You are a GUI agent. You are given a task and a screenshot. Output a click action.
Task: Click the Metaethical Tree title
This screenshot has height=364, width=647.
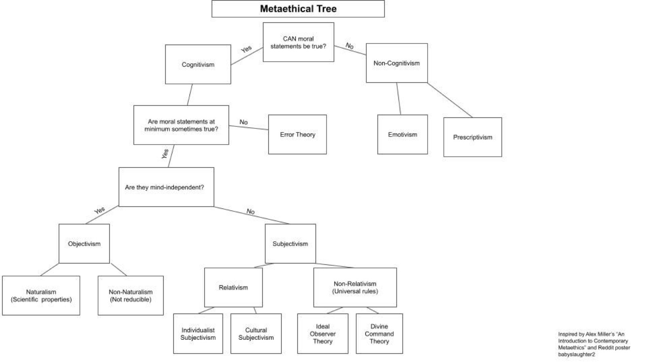click(x=298, y=8)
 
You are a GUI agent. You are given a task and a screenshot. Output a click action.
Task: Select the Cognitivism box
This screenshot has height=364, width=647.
click(x=198, y=64)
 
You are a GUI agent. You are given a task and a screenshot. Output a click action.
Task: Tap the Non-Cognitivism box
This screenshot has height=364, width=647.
click(x=397, y=63)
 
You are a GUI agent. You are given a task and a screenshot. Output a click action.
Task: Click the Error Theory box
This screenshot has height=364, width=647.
click(x=297, y=134)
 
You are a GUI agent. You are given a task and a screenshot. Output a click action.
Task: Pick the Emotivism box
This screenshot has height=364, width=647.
click(x=402, y=134)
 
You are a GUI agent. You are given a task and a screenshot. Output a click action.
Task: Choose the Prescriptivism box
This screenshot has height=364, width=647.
click(x=473, y=137)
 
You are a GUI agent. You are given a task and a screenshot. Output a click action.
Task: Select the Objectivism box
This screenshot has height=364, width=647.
click(x=84, y=243)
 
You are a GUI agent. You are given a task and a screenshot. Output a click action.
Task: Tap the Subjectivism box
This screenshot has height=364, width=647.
click(x=290, y=243)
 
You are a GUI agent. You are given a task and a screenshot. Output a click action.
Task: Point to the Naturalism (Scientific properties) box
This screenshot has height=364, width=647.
click(x=41, y=296)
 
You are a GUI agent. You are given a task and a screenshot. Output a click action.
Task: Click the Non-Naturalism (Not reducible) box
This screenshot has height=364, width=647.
click(x=131, y=296)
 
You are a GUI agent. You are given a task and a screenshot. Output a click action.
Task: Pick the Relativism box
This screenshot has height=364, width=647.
click(x=233, y=288)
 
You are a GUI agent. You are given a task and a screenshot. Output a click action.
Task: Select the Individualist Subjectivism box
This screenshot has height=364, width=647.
click(x=198, y=334)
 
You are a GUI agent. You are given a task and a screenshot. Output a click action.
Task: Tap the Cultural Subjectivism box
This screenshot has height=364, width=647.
click(x=256, y=334)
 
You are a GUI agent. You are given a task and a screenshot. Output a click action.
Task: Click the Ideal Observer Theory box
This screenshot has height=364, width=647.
click(x=323, y=334)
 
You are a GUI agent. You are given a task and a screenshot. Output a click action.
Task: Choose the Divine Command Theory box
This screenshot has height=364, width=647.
click(x=379, y=334)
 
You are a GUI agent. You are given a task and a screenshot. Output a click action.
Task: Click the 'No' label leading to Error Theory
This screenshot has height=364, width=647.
click(x=243, y=122)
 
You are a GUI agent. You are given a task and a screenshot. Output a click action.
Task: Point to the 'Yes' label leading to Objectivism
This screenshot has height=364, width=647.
click(x=99, y=210)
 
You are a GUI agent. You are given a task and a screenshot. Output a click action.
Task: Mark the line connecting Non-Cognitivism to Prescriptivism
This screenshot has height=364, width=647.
click(x=450, y=100)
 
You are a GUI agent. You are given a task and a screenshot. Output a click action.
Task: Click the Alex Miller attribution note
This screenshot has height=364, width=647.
click(x=594, y=344)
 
